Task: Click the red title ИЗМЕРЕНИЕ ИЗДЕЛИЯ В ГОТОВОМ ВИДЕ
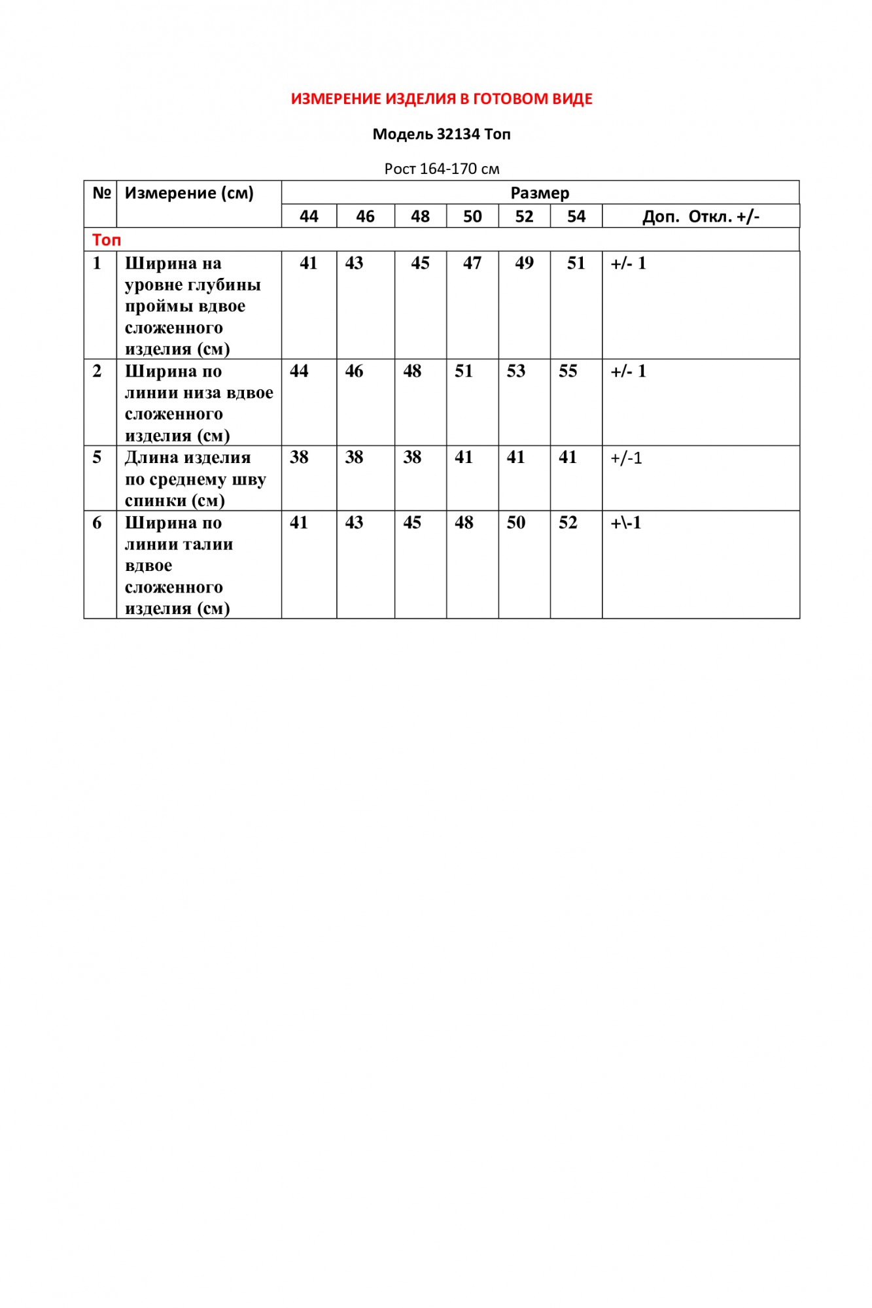(x=442, y=99)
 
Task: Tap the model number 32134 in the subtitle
(x=459, y=134)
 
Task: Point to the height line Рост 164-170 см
(x=442, y=169)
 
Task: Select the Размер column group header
(x=540, y=193)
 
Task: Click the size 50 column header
(x=472, y=216)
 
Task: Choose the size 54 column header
(x=576, y=216)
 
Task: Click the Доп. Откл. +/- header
(x=701, y=216)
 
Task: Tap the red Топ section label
(x=107, y=240)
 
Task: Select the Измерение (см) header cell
(x=189, y=193)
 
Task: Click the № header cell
(x=101, y=193)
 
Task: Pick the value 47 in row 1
(x=472, y=263)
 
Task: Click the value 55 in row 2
(x=568, y=371)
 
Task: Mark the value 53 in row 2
(x=516, y=371)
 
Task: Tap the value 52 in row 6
(x=568, y=523)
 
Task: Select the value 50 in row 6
(x=516, y=523)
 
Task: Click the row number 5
(x=97, y=457)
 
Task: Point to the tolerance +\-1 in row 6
(x=626, y=523)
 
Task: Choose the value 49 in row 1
(x=524, y=263)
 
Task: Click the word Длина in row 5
(x=152, y=458)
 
